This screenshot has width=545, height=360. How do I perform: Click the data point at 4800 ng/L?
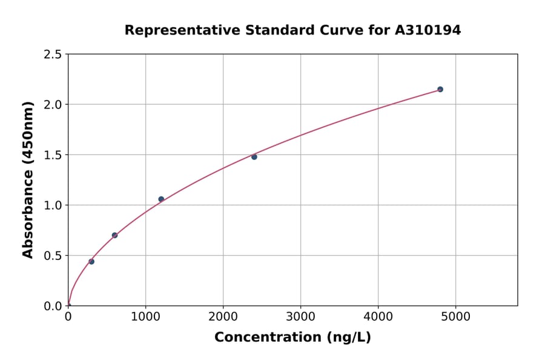(440, 89)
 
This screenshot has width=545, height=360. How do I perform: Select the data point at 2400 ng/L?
(254, 157)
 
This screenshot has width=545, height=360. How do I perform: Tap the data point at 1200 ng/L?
(161, 199)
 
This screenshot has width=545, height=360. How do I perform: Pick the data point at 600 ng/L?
(114, 235)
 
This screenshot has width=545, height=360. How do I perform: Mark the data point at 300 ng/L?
(91, 261)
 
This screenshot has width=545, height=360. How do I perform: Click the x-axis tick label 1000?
(145, 316)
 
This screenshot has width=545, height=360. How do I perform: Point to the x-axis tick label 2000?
(223, 316)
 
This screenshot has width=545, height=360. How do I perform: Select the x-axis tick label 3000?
(300, 316)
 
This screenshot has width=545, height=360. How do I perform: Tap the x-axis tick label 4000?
(378, 316)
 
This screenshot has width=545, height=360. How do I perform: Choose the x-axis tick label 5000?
(456, 316)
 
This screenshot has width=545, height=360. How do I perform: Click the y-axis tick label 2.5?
(53, 55)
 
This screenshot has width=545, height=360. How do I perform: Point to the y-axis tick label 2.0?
(53, 105)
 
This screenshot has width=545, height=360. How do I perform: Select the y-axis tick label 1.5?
(53, 155)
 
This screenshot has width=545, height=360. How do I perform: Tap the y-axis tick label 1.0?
(53, 205)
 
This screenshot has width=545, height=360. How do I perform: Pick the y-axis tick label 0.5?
(53, 256)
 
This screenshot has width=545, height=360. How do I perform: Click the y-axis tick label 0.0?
(53, 306)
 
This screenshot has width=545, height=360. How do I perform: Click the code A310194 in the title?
(427, 30)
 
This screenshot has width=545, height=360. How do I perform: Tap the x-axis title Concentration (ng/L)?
(292, 337)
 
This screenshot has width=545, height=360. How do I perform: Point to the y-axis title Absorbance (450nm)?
(28, 180)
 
